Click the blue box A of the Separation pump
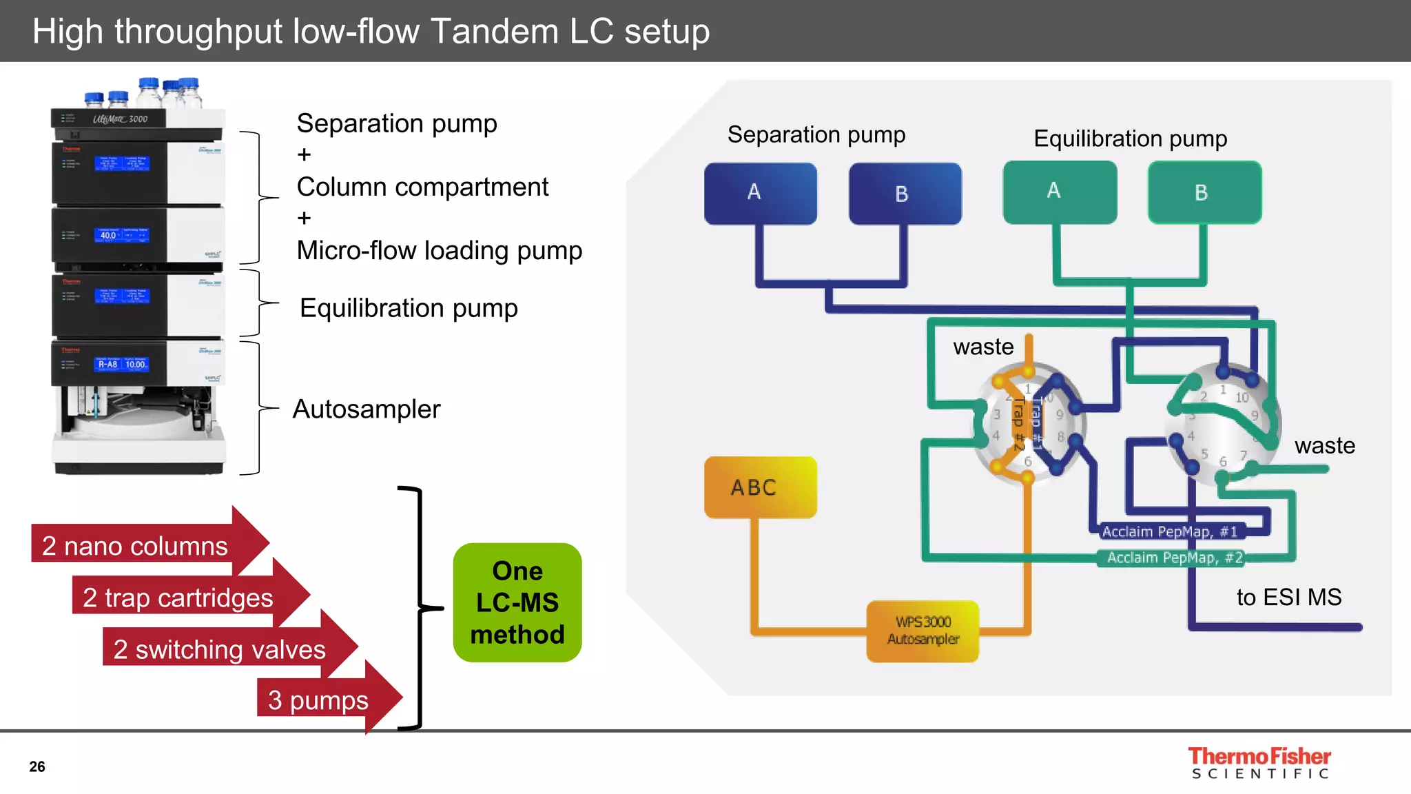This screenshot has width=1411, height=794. [760, 193]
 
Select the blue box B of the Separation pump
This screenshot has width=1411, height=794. [905, 194]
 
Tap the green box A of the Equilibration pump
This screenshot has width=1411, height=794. [1060, 192]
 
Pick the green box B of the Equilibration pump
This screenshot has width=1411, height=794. [1204, 192]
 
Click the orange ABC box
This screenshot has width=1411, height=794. [760, 487]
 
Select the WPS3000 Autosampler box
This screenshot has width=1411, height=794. [923, 631]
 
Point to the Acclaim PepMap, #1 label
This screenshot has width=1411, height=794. [1169, 531]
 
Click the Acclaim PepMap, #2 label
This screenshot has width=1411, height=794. [1174, 558]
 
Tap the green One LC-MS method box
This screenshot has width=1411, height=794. [517, 602]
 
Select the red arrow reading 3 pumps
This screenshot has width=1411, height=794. [318, 700]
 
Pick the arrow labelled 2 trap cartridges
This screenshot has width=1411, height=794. [178, 598]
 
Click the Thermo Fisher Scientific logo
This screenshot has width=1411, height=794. [1259, 763]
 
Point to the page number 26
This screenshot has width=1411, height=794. [37, 766]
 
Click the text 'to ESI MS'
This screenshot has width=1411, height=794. [1288, 597]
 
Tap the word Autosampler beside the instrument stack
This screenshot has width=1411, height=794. [367, 409]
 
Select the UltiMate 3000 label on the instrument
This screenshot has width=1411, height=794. [121, 119]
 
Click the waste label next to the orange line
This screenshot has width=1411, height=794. [983, 347]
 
